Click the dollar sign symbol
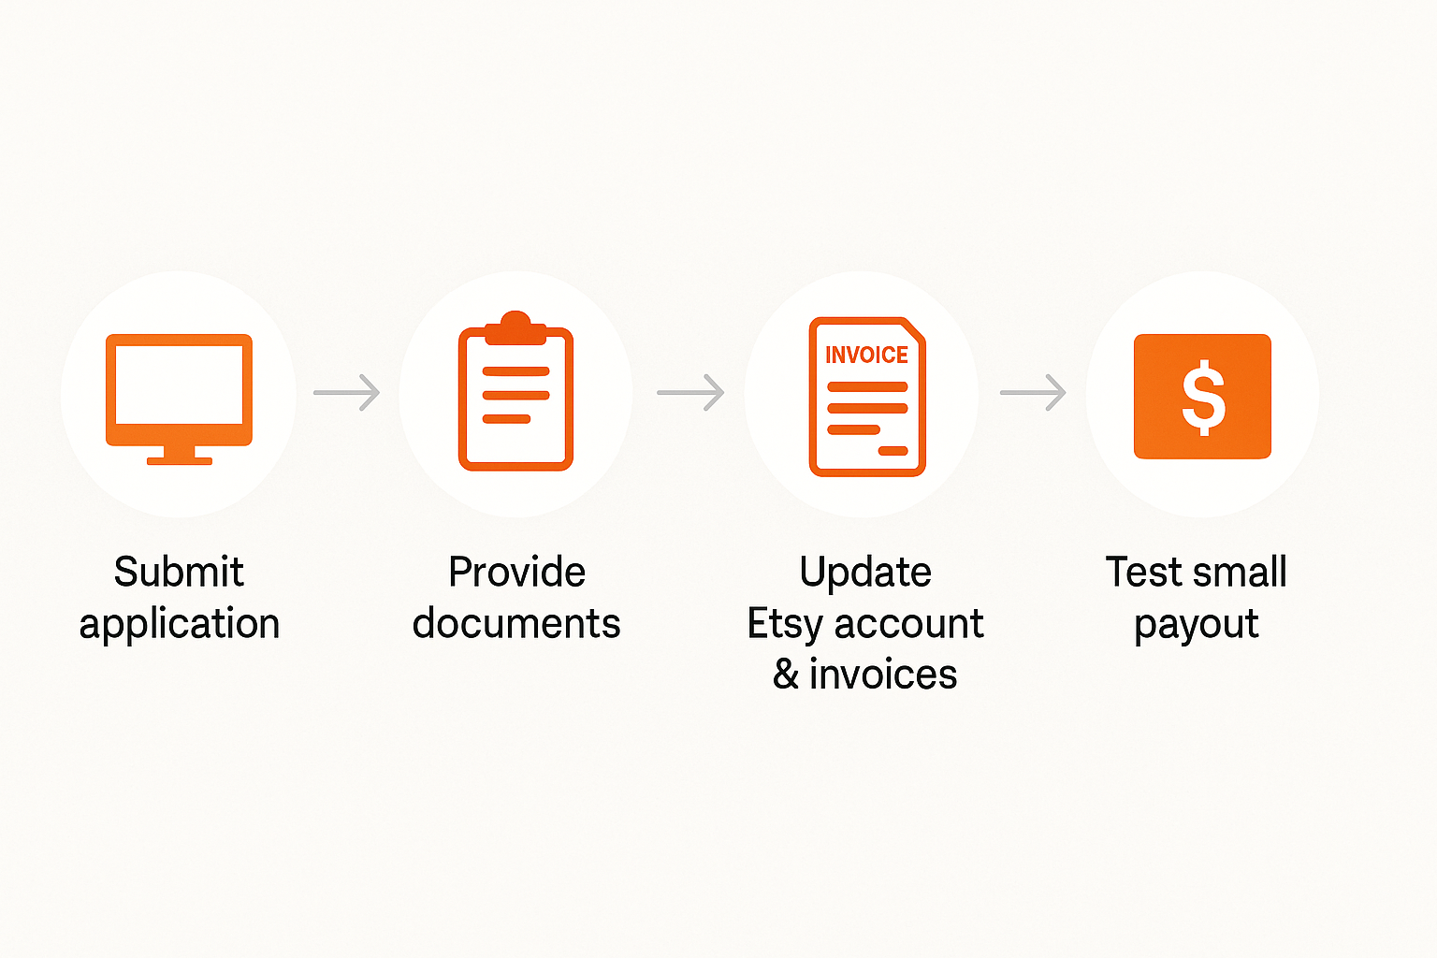[1203, 398]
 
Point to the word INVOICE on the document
[866, 355]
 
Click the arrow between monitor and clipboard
[346, 392]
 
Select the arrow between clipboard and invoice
[691, 392]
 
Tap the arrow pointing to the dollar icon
[1034, 392]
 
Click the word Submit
[179, 571]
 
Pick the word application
[179, 624]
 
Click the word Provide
[516, 571]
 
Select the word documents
[516, 623]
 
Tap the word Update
[865, 573]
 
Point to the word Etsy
[785, 624]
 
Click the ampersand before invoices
[786, 674]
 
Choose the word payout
[1197, 624]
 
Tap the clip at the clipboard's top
[515, 327]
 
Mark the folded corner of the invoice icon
[913, 330]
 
